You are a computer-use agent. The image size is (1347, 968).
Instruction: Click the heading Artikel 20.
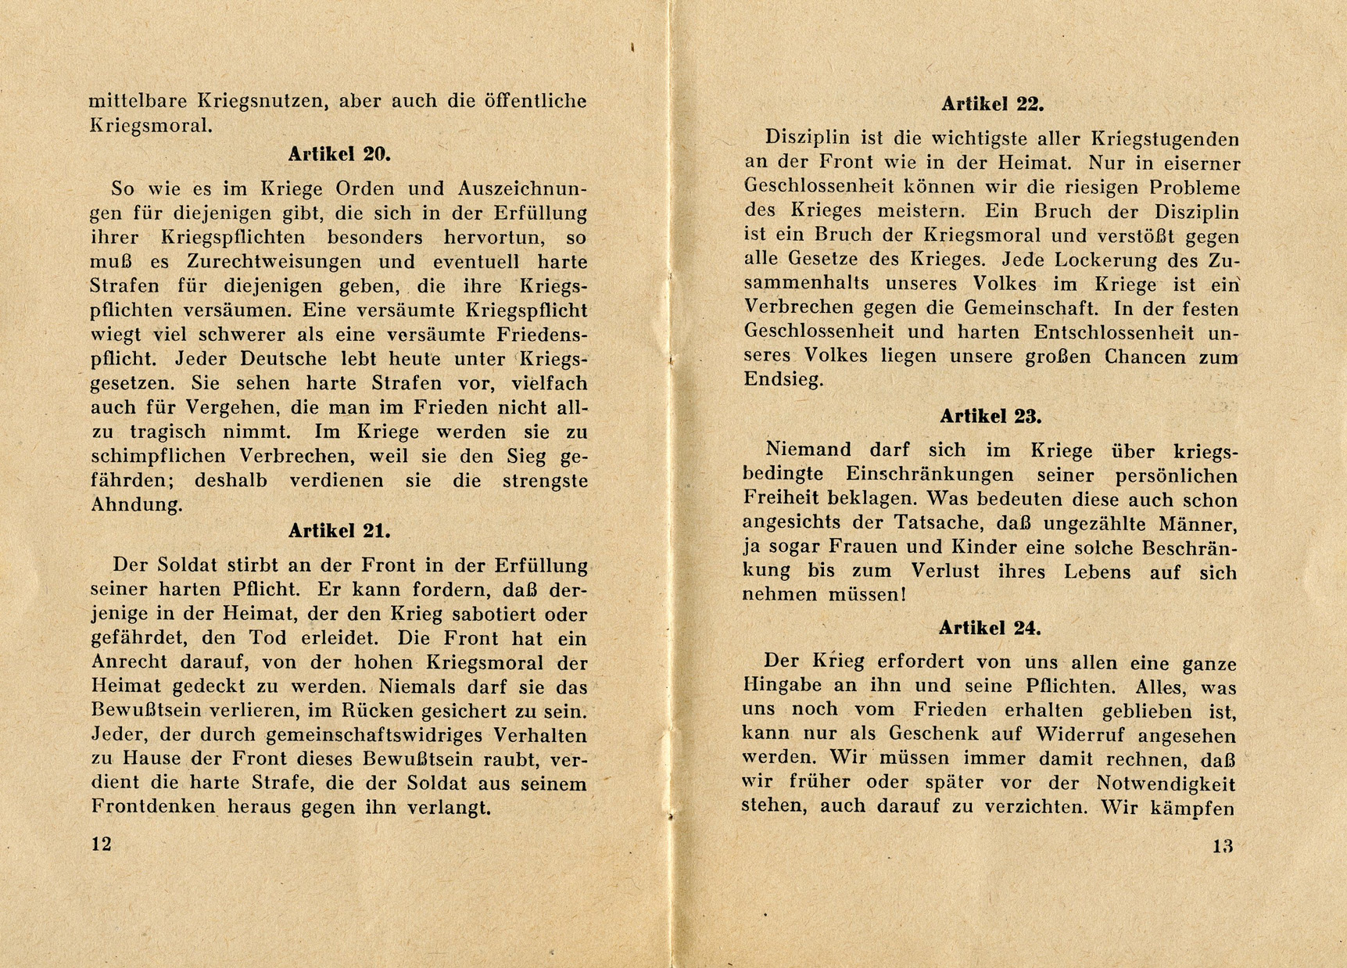coord(339,154)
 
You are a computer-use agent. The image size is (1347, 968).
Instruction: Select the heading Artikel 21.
coord(339,531)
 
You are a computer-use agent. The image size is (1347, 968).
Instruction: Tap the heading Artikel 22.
coord(992,104)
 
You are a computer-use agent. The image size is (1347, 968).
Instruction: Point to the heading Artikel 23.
coord(991,416)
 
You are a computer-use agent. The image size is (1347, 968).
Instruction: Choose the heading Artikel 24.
coord(990,628)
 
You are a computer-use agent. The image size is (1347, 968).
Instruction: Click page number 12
coord(102,844)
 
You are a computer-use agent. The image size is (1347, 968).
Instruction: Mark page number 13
coord(1223,845)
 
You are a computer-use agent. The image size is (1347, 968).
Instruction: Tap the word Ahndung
coord(137,505)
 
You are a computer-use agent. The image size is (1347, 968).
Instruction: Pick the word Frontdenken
coord(153,807)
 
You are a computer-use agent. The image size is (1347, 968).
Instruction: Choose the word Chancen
coord(1148,357)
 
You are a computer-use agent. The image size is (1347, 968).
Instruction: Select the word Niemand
coord(808,450)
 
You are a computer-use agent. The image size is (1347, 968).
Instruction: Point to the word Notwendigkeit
coord(1166,783)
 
